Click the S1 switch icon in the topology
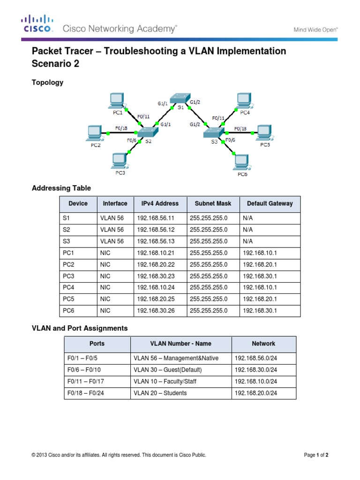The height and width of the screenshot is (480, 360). pyautogui.click(x=179, y=98)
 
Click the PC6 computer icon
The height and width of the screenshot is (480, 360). pyautogui.click(x=242, y=162)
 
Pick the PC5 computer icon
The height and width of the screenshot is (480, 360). pyautogui.click(x=264, y=132)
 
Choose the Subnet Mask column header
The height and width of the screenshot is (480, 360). pyautogui.click(x=213, y=203)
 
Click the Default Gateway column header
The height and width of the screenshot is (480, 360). pyautogui.click(x=270, y=203)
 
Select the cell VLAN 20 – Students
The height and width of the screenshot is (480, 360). pyautogui.click(x=160, y=393)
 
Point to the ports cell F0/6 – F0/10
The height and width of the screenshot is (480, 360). pyautogui.click(x=85, y=370)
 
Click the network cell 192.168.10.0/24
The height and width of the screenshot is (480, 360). pyautogui.click(x=256, y=382)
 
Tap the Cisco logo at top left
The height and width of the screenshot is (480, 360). pyautogui.click(x=37, y=23)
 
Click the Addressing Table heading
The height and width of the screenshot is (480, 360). pyautogui.click(x=61, y=188)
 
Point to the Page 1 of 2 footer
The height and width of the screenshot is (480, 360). pyautogui.click(x=320, y=455)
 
